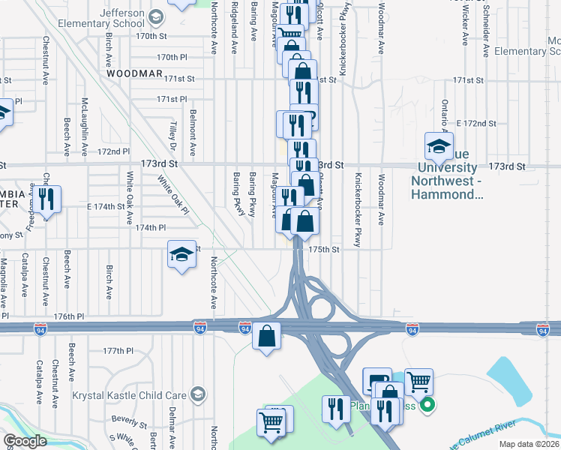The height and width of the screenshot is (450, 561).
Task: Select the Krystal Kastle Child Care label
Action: pos(130,394)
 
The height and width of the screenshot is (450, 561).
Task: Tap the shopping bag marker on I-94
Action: pos(266,337)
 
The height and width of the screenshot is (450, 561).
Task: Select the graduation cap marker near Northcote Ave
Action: pos(181,256)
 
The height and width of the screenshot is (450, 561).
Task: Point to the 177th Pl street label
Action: pos(118,351)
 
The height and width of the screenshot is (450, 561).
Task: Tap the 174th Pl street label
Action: pos(151,227)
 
